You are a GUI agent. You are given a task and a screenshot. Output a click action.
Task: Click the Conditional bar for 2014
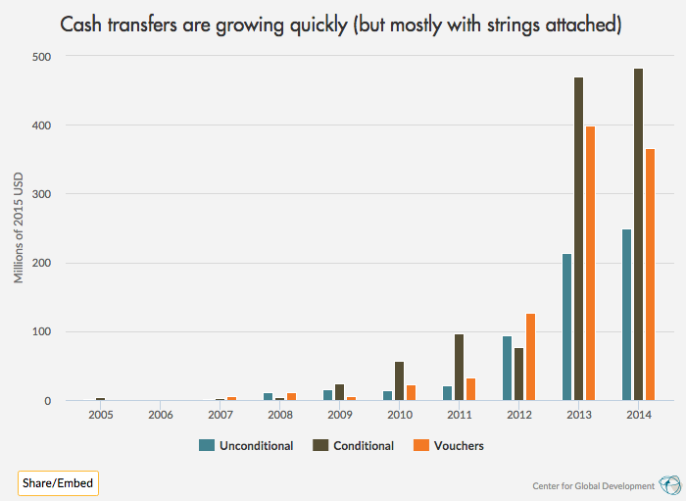pyautogui.click(x=638, y=235)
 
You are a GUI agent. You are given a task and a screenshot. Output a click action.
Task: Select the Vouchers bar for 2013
pyautogui.click(x=590, y=264)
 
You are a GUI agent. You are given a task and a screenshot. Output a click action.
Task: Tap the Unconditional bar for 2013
pyautogui.click(x=566, y=327)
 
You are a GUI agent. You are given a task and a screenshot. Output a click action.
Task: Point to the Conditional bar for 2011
pyautogui.click(x=459, y=368)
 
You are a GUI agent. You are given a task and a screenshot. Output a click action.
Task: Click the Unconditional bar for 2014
pyautogui.click(x=626, y=315)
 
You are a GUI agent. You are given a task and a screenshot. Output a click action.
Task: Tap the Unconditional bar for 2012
pyautogui.click(x=507, y=369)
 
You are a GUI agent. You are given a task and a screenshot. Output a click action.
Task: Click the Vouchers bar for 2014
pyautogui.click(x=650, y=275)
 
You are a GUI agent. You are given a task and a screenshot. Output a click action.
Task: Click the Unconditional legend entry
pyautogui.click(x=246, y=445)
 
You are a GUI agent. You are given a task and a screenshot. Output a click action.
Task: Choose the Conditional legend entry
pyautogui.click(x=355, y=445)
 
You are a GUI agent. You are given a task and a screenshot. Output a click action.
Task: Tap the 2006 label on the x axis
pyautogui.click(x=161, y=416)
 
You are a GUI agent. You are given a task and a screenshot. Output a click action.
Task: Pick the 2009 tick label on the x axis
pyautogui.click(x=339, y=416)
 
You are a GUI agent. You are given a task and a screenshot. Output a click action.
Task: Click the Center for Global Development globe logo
pyautogui.click(x=670, y=484)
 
